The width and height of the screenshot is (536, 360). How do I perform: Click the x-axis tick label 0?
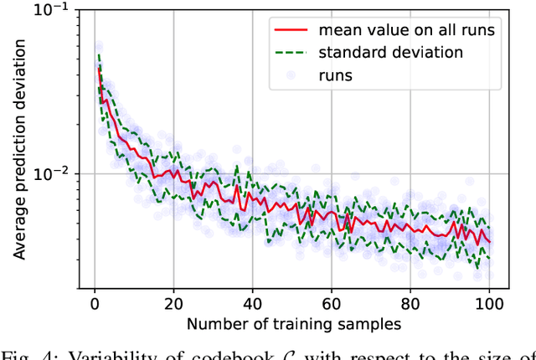[x=94, y=302]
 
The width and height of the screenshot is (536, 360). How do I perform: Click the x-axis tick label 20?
[x=173, y=302]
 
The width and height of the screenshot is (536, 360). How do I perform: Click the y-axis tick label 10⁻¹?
[x=51, y=9]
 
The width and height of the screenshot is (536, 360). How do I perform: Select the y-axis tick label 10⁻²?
[x=51, y=173]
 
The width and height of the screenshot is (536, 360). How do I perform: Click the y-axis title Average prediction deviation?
[x=14, y=147]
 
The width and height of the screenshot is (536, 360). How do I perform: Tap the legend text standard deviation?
[x=390, y=52]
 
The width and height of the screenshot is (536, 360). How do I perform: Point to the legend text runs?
[x=337, y=74]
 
